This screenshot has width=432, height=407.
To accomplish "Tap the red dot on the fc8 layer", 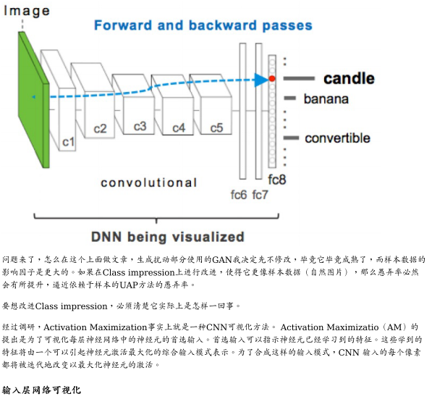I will [x=272, y=77].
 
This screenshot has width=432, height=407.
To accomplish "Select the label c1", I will [x=68, y=142].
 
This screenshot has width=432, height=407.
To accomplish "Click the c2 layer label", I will [x=100, y=129].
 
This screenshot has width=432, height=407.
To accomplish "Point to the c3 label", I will [x=140, y=126].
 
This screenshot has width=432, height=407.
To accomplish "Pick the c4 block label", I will [x=178, y=127].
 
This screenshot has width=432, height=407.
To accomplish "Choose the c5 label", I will [x=216, y=127].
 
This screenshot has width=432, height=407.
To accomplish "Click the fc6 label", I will [x=239, y=194].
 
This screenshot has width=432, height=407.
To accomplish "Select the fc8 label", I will [x=276, y=178].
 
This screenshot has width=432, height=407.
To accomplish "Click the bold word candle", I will [x=349, y=78].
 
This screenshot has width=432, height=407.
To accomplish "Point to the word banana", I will [x=326, y=98].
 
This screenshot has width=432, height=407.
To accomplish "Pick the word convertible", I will [x=337, y=138].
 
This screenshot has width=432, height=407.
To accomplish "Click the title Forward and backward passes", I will [x=203, y=25].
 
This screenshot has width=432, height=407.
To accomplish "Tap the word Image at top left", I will [x=27, y=10].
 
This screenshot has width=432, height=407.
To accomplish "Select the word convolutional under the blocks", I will [x=148, y=182].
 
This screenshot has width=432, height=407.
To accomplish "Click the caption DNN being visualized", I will [x=167, y=236].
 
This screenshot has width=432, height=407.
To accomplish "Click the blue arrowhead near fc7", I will [x=261, y=79].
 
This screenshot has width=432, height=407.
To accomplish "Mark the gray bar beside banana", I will [x=290, y=98].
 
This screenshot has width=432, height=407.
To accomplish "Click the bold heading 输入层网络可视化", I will [x=41, y=390].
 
